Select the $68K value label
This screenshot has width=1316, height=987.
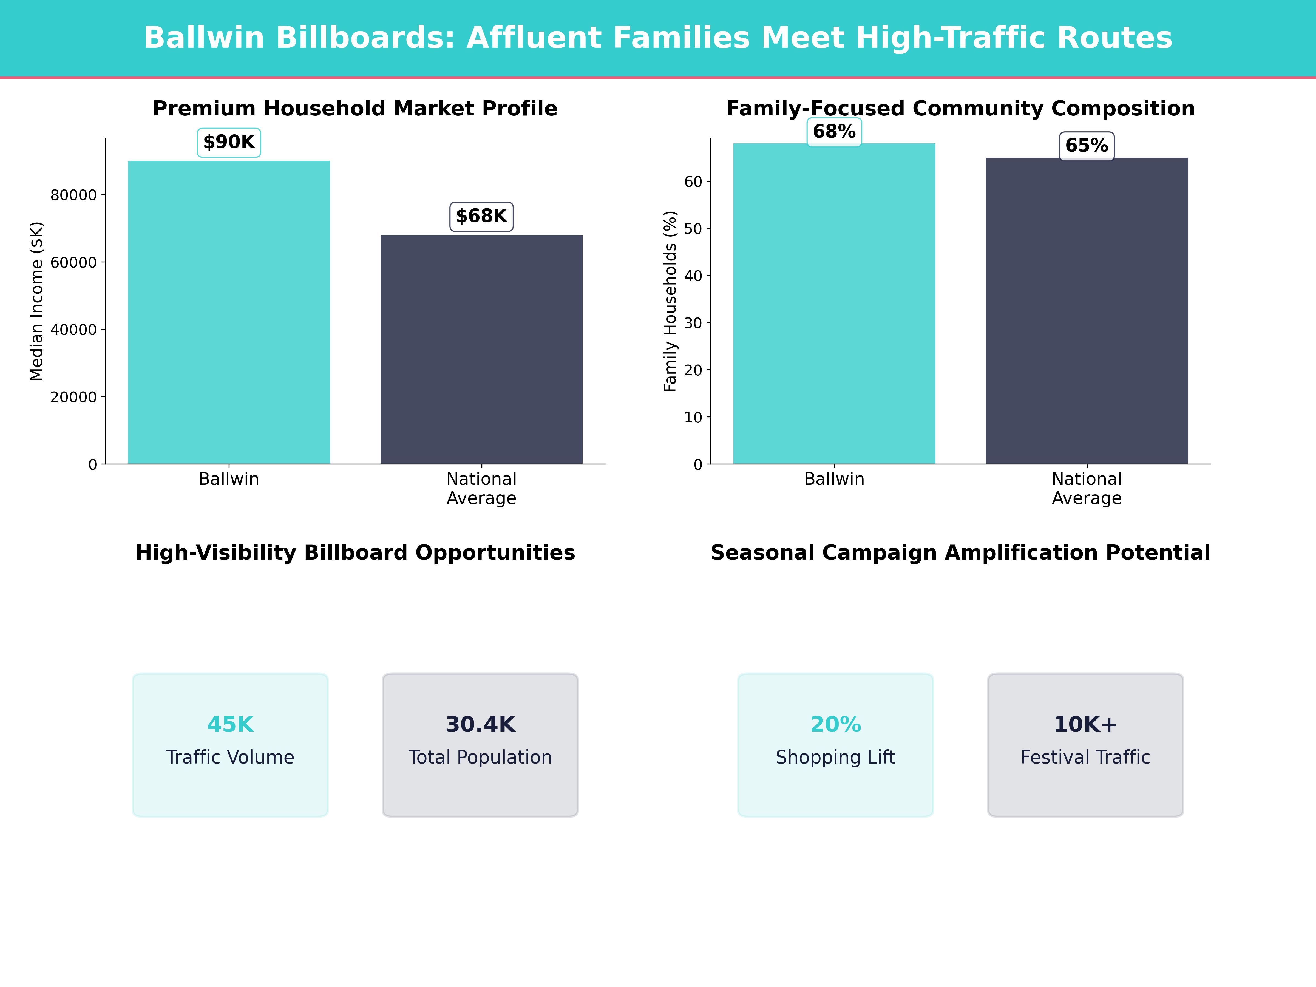tap(481, 216)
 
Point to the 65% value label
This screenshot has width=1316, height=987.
tap(1086, 146)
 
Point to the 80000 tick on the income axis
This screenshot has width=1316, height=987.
tap(73, 195)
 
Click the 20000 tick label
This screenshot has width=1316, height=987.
tap(73, 397)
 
